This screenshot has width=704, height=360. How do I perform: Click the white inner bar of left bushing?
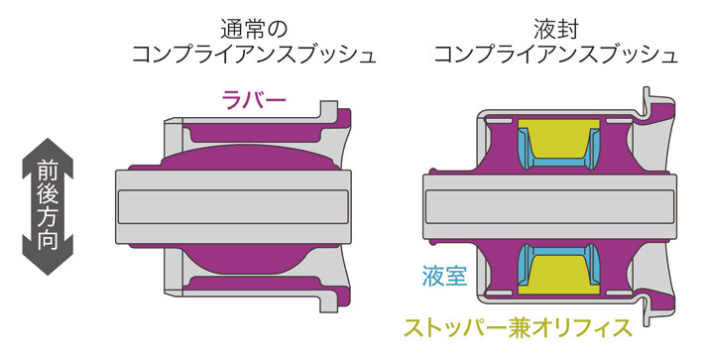coord(238,204)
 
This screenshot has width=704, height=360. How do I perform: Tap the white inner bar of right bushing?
coord(555,204)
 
